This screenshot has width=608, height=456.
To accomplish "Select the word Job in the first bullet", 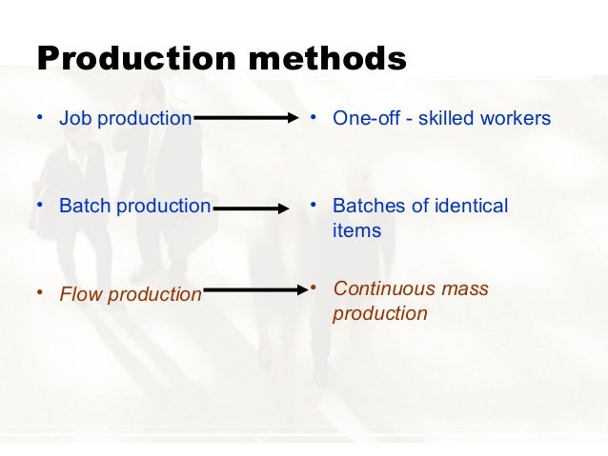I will pyautogui.click(x=72, y=119).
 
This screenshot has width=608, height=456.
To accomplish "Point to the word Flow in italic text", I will pyautogui.click(x=80, y=295).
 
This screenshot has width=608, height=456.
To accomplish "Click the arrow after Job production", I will pyautogui.click(x=246, y=119).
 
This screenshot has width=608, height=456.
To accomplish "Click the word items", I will pyautogui.click(x=356, y=230).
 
